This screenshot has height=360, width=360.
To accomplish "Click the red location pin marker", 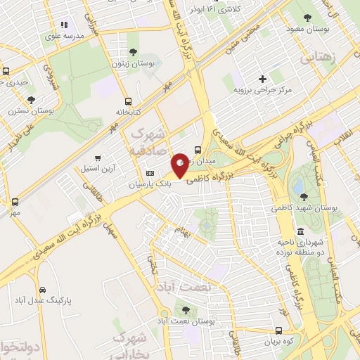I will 180,165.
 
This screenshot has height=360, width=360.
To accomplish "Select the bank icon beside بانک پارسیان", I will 149,173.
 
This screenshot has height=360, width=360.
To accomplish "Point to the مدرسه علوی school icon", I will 63,25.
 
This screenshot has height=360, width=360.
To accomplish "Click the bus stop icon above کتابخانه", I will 128,101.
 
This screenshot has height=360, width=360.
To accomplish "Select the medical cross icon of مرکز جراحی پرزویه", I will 263,79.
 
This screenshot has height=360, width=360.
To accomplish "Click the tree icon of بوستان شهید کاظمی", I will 303,197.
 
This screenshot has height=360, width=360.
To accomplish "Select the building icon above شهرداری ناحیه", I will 300,231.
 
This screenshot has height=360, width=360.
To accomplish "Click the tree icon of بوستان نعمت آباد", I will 186,309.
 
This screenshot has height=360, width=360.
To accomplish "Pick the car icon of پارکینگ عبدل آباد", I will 44,289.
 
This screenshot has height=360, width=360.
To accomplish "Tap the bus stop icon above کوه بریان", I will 279,330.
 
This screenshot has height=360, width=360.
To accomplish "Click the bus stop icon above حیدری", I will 6,71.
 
